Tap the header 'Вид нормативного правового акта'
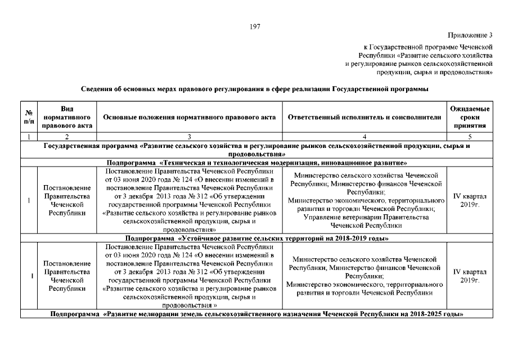click(x=66, y=117)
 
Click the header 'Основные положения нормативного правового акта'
click(x=190, y=117)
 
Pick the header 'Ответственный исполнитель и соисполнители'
click(x=364, y=117)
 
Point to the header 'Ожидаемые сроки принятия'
click(x=470, y=117)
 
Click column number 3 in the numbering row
click(x=190, y=137)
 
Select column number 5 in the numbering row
click(x=470, y=137)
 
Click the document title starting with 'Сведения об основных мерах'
click(x=254, y=89)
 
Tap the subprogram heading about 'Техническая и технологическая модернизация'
click(x=254, y=163)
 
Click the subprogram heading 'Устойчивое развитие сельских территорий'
click(x=254, y=238)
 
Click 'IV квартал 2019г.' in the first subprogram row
click(x=470, y=200)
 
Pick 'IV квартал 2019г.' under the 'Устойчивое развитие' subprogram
click(x=470, y=276)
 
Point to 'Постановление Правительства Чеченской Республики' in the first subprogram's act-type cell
click(x=66, y=200)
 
